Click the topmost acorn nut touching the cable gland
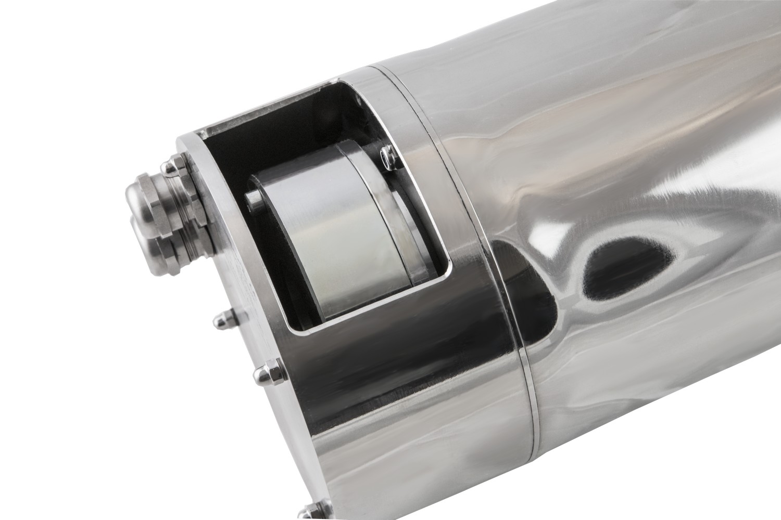coord(172,167)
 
